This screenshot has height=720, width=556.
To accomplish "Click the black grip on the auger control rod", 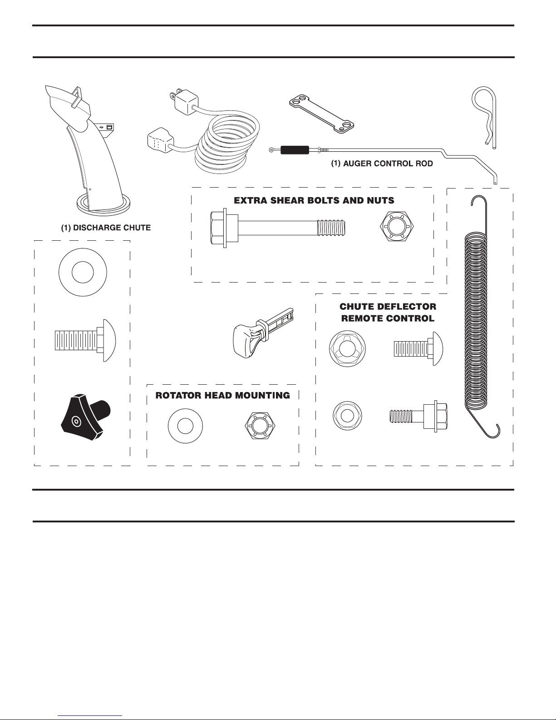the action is [x=295, y=150].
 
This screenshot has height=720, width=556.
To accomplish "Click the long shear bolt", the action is [x=278, y=228].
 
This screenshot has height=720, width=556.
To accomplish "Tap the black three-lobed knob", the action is [x=85, y=417].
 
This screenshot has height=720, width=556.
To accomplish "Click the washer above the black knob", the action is [x=83, y=273].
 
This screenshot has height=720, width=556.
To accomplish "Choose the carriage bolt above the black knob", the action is [x=85, y=340].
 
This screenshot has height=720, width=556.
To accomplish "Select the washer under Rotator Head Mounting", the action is [x=185, y=426].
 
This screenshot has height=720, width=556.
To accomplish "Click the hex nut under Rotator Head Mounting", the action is [x=260, y=426].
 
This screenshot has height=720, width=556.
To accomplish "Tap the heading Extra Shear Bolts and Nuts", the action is [x=314, y=200].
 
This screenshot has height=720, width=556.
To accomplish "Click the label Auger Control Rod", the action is [x=382, y=164].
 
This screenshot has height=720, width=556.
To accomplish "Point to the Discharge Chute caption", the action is [x=106, y=228].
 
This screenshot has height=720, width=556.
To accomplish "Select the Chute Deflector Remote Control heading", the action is [x=388, y=313].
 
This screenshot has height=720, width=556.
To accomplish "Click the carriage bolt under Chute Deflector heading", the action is [x=418, y=349].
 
